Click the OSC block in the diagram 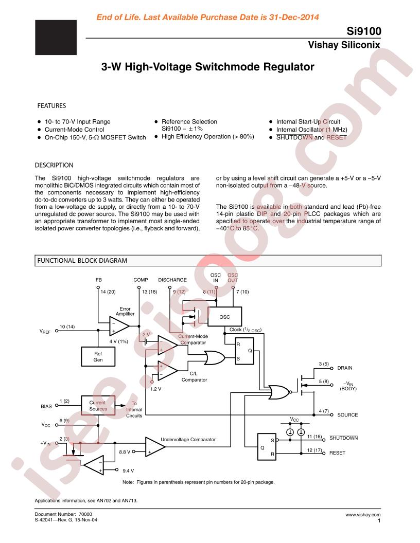[224, 317]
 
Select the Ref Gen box [98, 357]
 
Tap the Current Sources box [98, 406]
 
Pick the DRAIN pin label [345, 368]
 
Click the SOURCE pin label [347, 415]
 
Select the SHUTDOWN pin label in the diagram [343, 438]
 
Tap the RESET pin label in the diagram [337, 453]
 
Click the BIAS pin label [46, 406]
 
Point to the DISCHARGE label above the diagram [172, 280]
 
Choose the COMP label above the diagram [141, 280]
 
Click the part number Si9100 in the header [364, 31]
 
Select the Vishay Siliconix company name [344, 45]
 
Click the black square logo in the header [56, 38]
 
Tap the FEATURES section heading [51, 105]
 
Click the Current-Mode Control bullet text [74, 130]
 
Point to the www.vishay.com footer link [363, 515]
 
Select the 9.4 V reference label [128, 470]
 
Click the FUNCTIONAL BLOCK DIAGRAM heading [82, 260]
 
